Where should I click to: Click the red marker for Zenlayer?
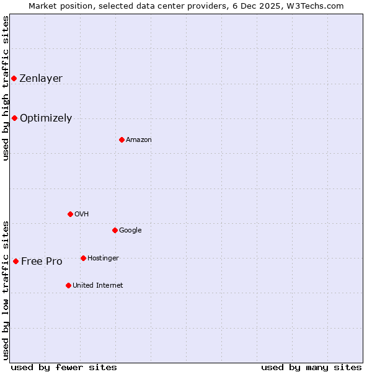tap(14, 78)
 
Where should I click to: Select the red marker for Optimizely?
tap(14, 118)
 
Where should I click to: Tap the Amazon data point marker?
tap(122, 139)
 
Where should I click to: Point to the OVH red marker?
tap(70, 214)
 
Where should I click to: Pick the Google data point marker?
tap(115, 230)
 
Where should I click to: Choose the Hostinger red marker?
tap(83, 258)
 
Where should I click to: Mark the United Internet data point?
tap(68, 285)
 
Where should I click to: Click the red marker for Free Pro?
tap(15, 261)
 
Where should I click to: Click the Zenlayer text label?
tap(41, 78)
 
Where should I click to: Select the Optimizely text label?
tap(46, 118)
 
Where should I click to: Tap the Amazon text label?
tap(139, 139)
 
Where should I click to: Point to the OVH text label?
tap(82, 214)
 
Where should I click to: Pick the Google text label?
tap(130, 230)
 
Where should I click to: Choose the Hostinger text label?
tap(103, 258)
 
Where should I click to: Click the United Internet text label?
tap(98, 285)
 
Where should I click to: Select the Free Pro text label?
tap(42, 261)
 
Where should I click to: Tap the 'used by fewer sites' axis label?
tap(64, 367)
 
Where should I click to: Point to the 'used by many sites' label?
tap(311, 367)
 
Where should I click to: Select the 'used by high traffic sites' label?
tap(6, 88)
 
